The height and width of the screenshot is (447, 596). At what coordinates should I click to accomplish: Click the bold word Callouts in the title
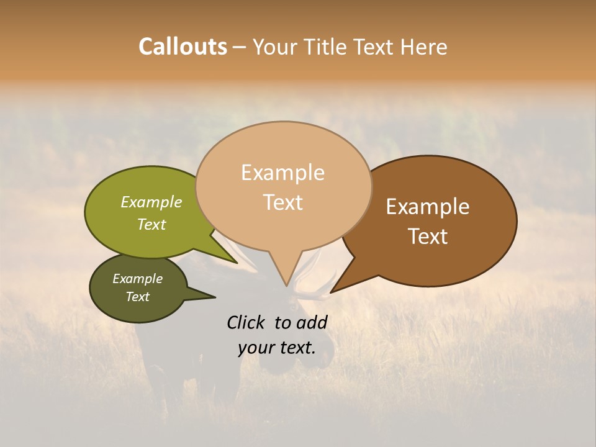(183, 47)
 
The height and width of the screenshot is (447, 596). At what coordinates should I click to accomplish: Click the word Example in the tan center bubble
(282, 173)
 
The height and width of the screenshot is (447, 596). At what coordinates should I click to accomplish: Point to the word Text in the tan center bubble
(282, 202)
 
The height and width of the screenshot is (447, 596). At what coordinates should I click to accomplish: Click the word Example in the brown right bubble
(428, 207)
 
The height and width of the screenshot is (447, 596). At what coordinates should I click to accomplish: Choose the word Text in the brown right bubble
(428, 237)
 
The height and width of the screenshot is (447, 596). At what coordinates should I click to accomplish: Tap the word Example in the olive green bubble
(151, 202)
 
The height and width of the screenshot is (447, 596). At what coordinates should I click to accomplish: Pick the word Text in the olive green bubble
(151, 224)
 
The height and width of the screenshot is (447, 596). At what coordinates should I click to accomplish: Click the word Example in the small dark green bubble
(137, 279)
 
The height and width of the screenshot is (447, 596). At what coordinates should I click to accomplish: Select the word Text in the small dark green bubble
(137, 297)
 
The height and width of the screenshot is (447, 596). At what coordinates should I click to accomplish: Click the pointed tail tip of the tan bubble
(286, 286)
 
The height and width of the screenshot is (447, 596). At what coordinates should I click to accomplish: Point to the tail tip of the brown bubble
(331, 292)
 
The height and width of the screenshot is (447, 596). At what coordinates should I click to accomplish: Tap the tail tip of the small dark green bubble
(215, 297)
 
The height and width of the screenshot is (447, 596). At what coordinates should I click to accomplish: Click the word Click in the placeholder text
(246, 322)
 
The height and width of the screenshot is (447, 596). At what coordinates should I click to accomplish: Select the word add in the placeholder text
(313, 322)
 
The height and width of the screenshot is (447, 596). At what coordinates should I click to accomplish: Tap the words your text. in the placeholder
(277, 348)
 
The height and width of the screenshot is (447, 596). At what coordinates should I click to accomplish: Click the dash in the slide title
(240, 47)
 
